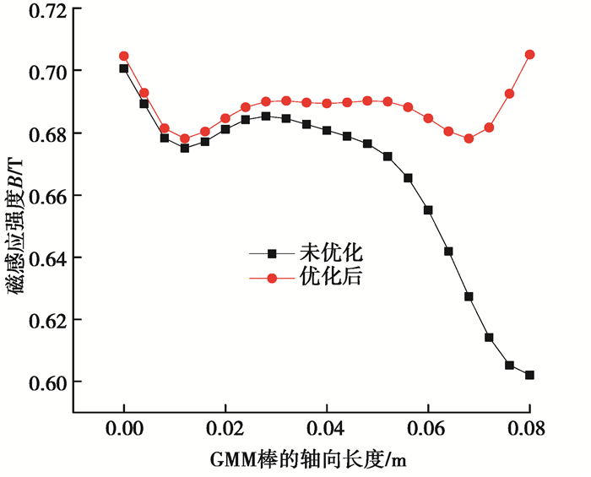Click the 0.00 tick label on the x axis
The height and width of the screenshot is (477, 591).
124,429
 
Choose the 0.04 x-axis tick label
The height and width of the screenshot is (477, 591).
327,429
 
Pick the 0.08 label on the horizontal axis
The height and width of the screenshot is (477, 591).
529,429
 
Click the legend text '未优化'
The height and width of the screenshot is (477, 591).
331,252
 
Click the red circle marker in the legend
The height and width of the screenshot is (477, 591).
272,277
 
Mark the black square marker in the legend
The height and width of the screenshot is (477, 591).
272,252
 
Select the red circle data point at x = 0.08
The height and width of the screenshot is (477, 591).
529,54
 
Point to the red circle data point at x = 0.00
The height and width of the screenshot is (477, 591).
124,56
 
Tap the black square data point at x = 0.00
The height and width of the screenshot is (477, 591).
124,68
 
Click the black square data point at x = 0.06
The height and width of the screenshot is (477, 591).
428,210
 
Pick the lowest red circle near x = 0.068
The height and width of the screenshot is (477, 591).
469,138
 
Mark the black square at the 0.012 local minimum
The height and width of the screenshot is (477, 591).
185,149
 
